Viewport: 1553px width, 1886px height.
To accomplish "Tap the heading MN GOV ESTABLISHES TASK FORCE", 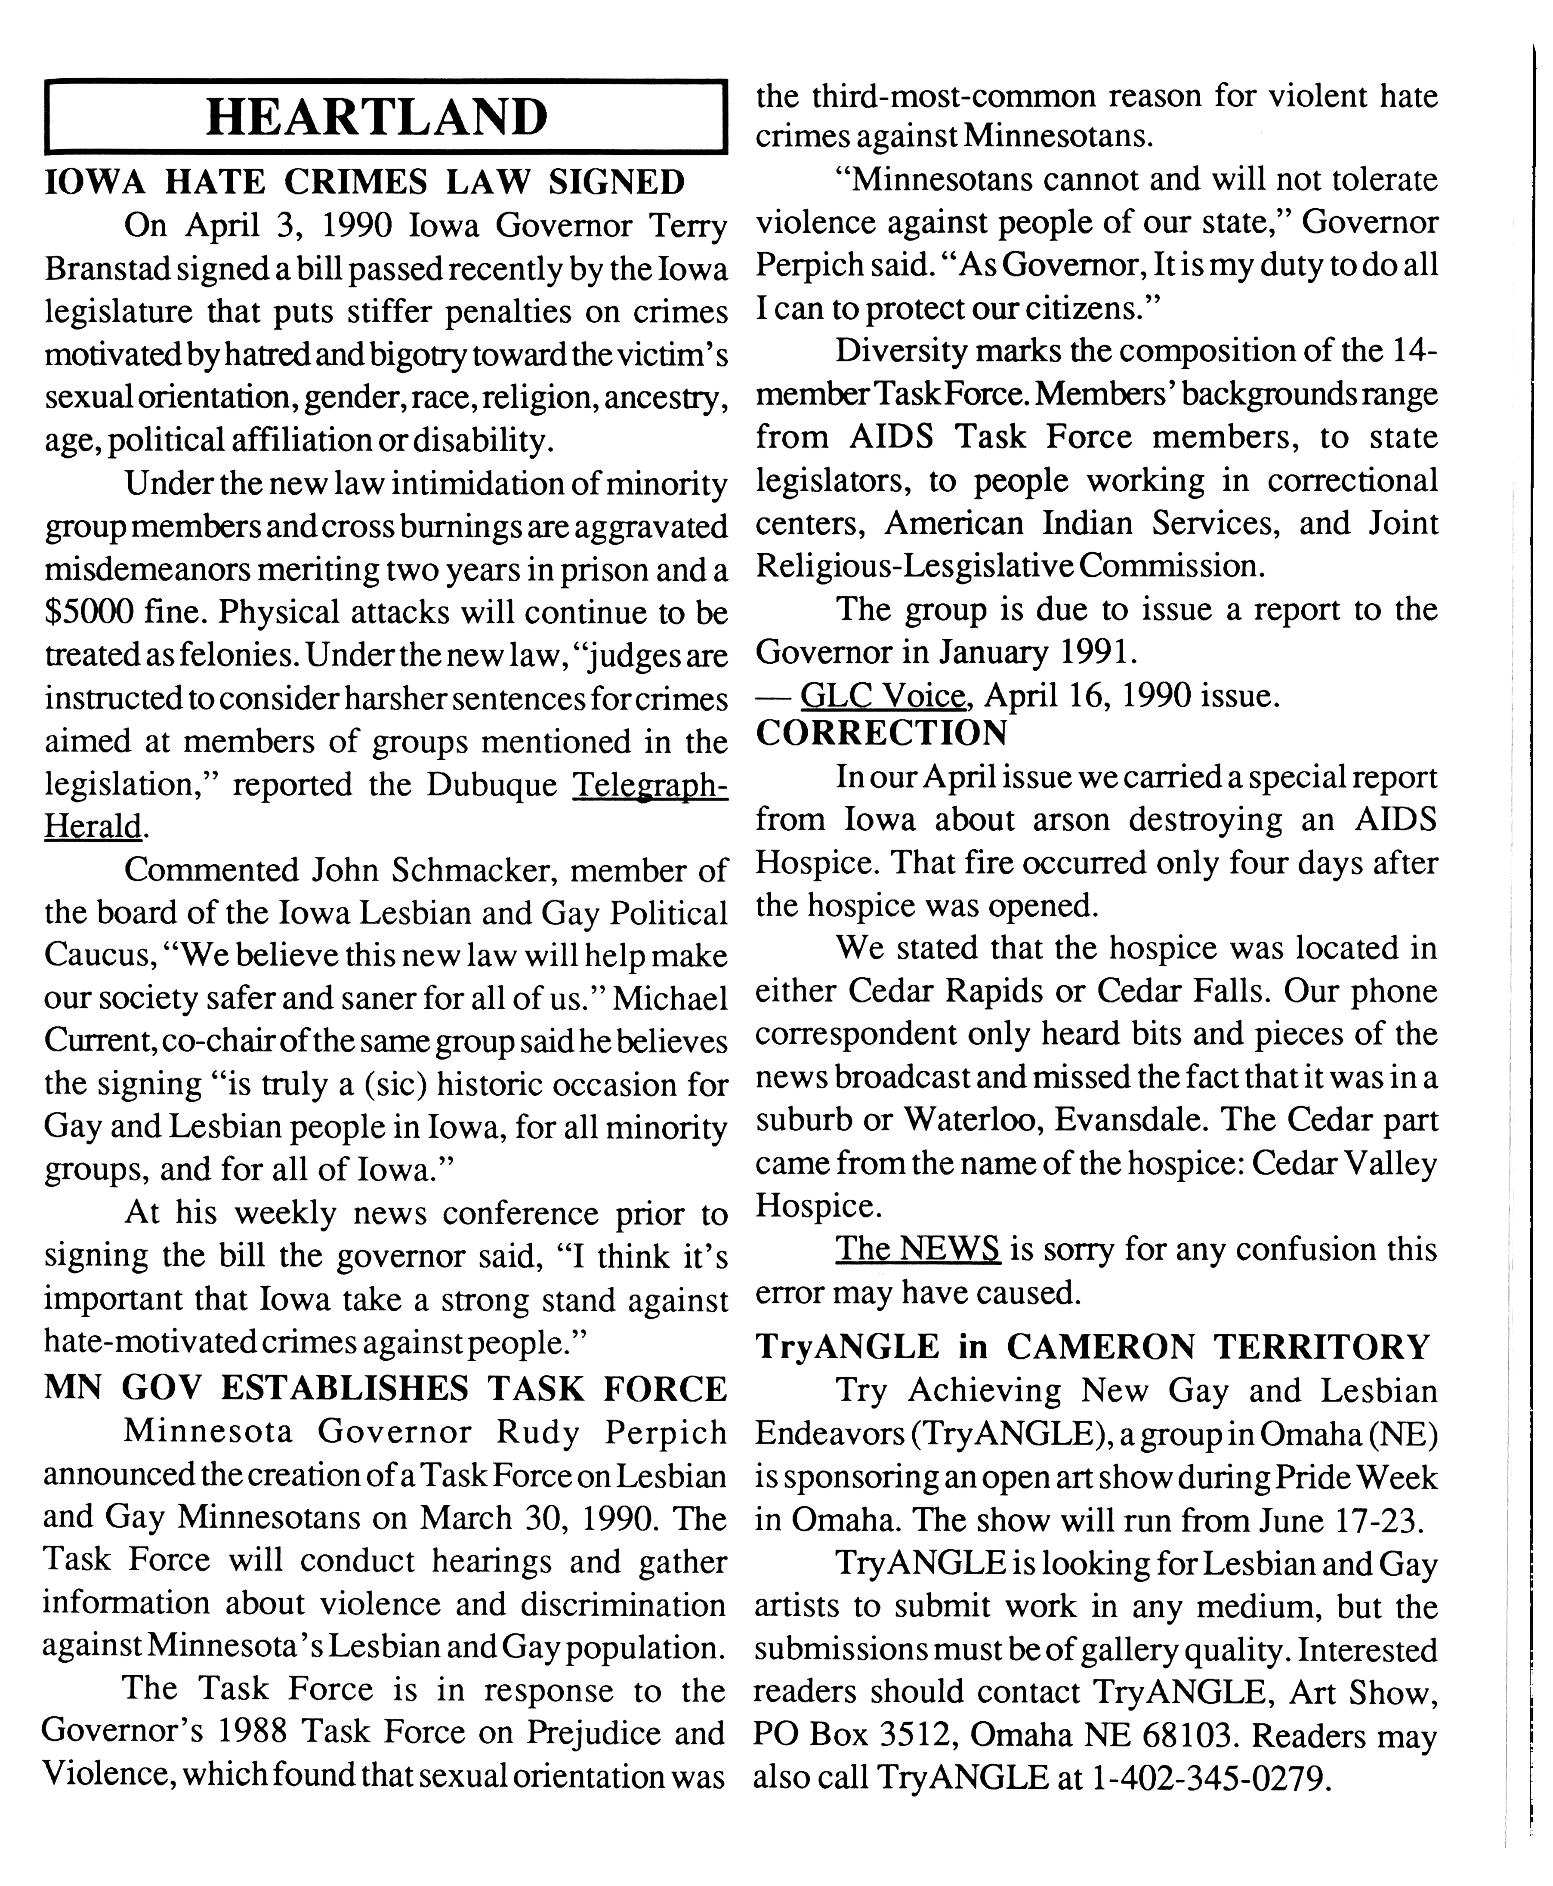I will pyautogui.click(x=385, y=1389).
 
